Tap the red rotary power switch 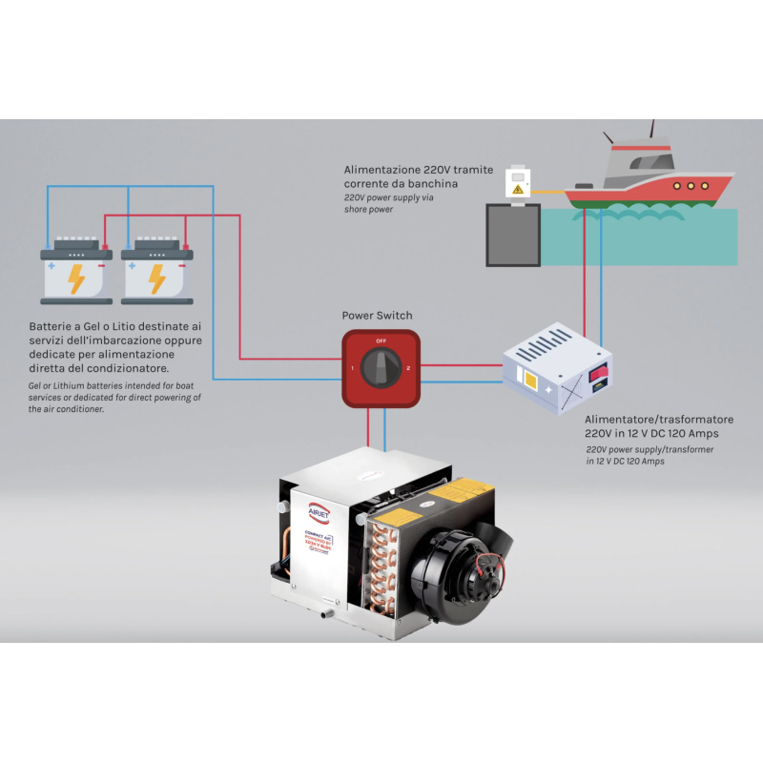381,367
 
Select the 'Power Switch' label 378,316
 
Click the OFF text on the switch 381,340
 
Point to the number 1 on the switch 354,367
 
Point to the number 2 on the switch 407,367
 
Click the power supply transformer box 558,368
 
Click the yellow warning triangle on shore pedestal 517,190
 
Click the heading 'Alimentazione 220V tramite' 419,170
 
